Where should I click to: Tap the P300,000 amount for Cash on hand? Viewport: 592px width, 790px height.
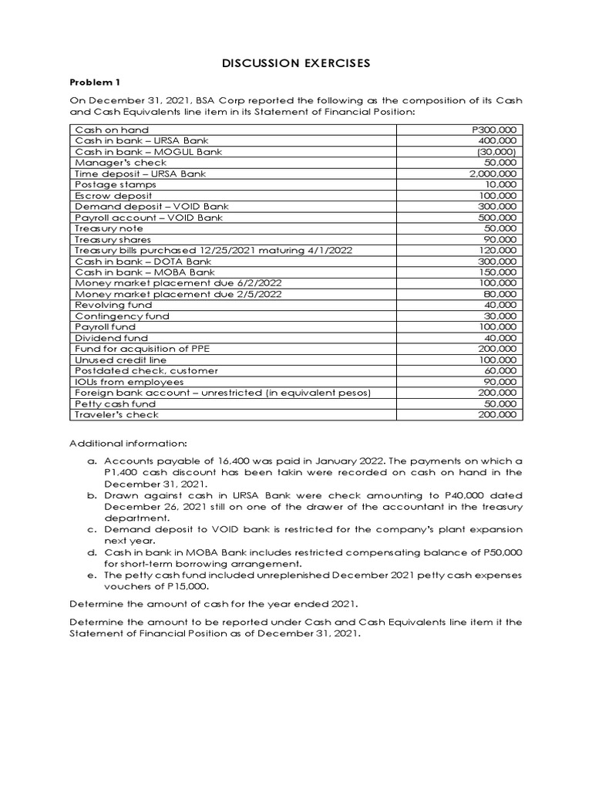[498, 130]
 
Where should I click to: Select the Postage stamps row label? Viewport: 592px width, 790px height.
[106, 185]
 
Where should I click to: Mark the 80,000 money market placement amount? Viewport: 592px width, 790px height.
[503, 294]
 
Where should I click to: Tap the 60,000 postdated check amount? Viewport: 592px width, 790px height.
[503, 371]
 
